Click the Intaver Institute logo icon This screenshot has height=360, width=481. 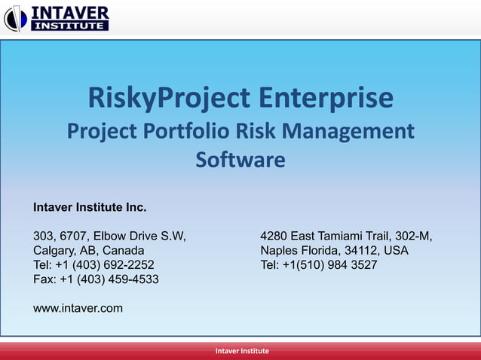point(16,18)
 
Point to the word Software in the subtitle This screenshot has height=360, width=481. point(240,160)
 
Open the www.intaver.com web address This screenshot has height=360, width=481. point(78,308)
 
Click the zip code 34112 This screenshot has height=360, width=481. point(360,251)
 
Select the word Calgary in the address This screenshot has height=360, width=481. point(54,251)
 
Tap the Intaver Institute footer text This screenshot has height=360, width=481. point(240,352)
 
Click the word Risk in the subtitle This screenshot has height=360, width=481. point(258,131)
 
